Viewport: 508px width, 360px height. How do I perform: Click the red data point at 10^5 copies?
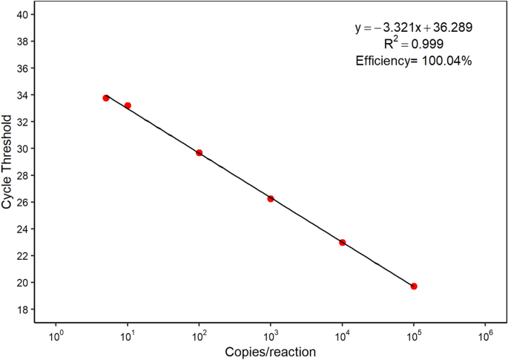(x=414, y=287)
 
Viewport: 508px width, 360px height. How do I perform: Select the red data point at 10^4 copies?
(x=343, y=243)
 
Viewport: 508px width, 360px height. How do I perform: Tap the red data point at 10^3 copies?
(x=271, y=199)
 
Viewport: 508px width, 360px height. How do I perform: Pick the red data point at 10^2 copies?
(x=199, y=153)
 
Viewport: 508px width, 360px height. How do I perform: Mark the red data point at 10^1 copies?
(x=128, y=105)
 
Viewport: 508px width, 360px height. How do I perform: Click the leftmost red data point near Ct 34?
(x=106, y=98)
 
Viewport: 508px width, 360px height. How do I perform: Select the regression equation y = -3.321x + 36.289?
(x=414, y=27)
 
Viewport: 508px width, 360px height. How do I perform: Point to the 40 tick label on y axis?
(x=23, y=15)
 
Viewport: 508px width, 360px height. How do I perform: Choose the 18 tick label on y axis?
(x=23, y=310)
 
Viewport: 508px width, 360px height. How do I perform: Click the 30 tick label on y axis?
(x=23, y=148)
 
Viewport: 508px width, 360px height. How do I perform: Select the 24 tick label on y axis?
(x=23, y=229)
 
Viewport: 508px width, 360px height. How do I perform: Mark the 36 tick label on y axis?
(x=23, y=68)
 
